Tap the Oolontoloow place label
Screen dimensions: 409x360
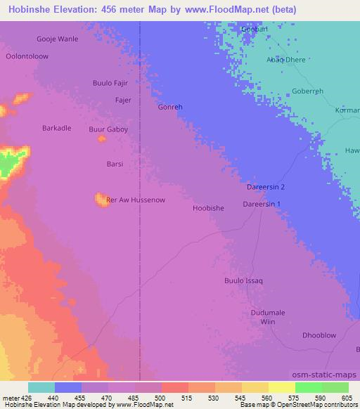[x=27, y=56]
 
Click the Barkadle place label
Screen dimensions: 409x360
[x=57, y=128]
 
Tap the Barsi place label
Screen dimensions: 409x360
[x=115, y=164]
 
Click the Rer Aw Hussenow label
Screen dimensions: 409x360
[x=135, y=200]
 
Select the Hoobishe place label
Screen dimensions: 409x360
[x=208, y=208]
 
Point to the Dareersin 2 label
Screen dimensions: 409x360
[x=266, y=188]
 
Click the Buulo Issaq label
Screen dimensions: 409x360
[x=243, y=281]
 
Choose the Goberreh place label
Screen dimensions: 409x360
[x=307, y=91]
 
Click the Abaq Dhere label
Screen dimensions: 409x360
[x=285, y=60]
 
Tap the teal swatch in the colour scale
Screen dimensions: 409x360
[x=41, y=387]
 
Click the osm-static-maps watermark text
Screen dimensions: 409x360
[x=326, y=375]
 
